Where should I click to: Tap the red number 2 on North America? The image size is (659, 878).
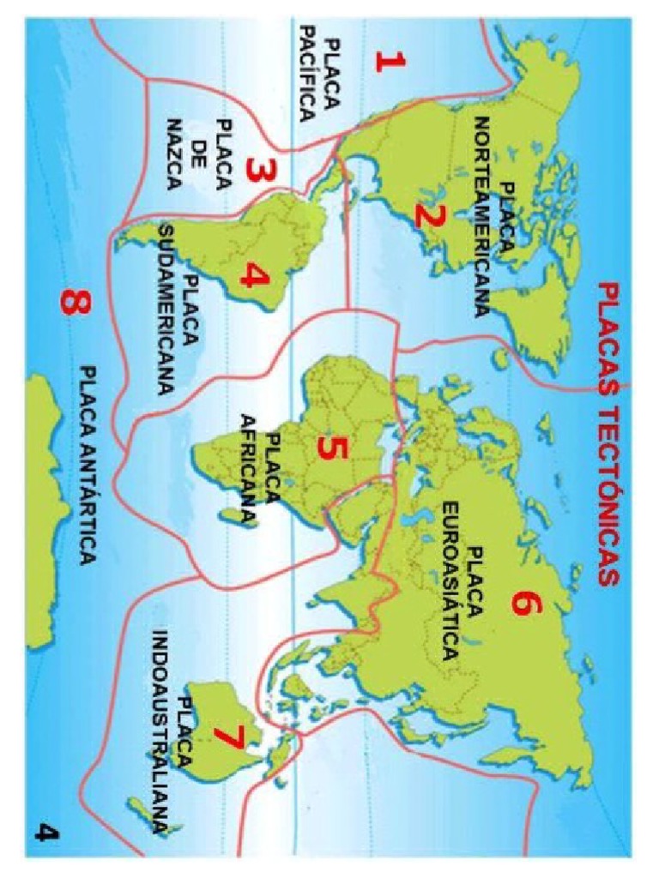coord(428,214)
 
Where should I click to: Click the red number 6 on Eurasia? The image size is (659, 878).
coord(525,603)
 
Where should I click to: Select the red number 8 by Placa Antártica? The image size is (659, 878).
coord(75,304)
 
